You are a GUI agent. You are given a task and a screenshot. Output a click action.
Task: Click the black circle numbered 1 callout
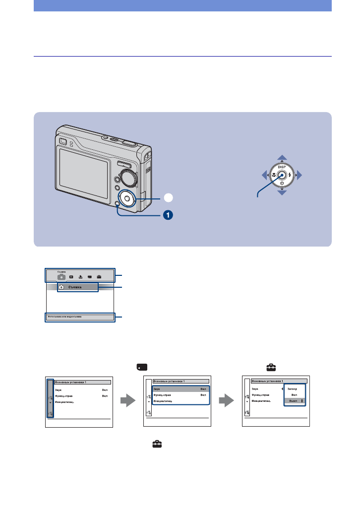tap(169, 216)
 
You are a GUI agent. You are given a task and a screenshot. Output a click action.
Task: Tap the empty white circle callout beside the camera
tap(169, 197)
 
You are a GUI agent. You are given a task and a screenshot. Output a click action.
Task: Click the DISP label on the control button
tap(282, 168)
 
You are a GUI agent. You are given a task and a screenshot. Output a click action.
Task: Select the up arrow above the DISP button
tap(282, 158)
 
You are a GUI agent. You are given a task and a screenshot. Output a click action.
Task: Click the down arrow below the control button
tap(282, 192)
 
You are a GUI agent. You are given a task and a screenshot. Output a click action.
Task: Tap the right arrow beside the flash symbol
tap(299, 175)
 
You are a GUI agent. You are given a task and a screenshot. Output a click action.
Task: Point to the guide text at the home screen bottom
tap(64, 316)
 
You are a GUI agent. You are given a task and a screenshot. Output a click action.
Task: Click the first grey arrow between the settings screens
tap(128, 400)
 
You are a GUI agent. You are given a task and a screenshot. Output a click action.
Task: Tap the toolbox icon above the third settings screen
tap(271, 368)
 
